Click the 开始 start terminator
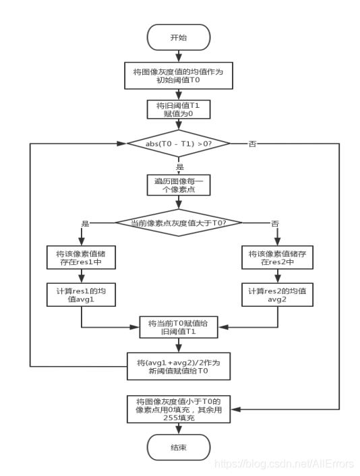tap(178, 37)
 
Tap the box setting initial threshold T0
tap(178, 74)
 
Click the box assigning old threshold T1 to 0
tap(178, 110)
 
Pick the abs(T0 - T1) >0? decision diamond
tap(178, 144)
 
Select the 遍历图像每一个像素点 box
tap(178, 185)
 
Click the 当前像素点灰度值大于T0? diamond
tap(178, 222)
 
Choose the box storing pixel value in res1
tap(81, 259)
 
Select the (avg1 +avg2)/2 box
tap(178, 367)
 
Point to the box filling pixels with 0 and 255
tap(178, 409)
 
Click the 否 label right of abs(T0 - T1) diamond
tap(253, 144)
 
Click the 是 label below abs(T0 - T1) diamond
tap(179, 165)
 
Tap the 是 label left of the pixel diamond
tap(85, 223)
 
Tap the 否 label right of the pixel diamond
tap(274, 223)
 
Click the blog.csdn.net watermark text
tap(283, 465)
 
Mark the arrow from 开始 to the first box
tap(178, 56)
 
